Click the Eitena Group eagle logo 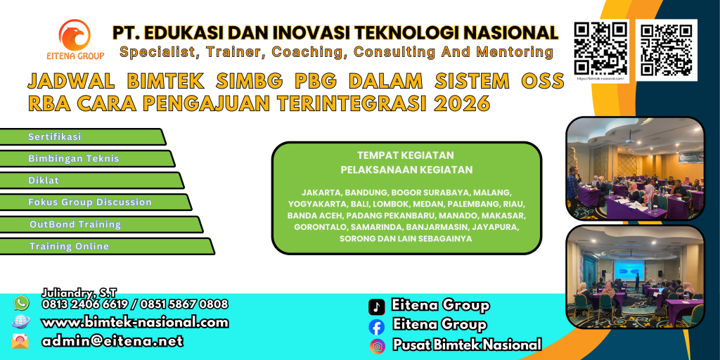75,35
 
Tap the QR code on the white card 666,49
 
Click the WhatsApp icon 22,303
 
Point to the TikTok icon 377,307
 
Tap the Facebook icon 377,326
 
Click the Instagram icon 377,345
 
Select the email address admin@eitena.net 112,341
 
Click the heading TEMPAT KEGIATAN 406,155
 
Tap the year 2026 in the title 461,103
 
